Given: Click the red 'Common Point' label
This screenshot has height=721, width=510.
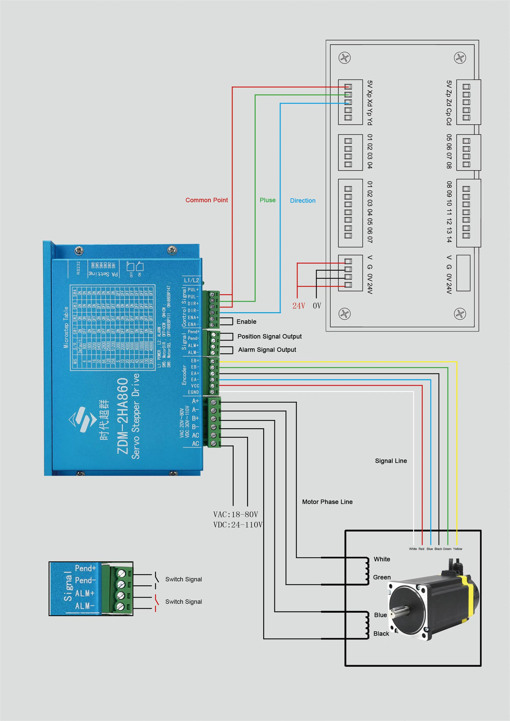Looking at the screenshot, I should coord(207,200).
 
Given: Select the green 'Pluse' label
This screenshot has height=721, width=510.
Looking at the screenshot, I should coord(267,200).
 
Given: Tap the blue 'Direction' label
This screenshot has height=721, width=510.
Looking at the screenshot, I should coord(303,201).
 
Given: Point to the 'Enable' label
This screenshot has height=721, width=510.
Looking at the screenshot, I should coord(246,322).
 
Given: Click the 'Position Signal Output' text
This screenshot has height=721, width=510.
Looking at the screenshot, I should coord(269,336).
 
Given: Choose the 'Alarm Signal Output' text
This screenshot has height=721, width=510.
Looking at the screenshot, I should coord(267,349).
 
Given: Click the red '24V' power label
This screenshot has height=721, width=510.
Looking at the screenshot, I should coord(299,306).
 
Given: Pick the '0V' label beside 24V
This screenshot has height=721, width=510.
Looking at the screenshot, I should coord(317,306).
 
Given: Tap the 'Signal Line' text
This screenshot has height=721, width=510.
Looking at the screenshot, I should coord(391,461).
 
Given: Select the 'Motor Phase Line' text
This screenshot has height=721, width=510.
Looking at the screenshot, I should coord(327,502).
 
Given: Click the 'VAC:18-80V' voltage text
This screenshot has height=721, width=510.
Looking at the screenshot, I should coord(235,514).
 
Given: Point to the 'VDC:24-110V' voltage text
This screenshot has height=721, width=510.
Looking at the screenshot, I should coord(238,525).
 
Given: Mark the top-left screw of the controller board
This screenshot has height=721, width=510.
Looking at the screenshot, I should coord(345,58).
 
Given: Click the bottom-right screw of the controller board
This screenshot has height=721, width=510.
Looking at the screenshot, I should coord(460,313).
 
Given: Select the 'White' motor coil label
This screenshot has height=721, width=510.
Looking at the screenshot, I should coord(382,559).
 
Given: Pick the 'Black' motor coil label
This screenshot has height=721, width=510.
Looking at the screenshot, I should coord(381,634).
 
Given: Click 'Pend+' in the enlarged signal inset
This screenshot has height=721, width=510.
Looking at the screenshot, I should coord(85,568).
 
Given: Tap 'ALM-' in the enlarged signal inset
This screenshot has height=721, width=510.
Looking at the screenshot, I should coord(84,606).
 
